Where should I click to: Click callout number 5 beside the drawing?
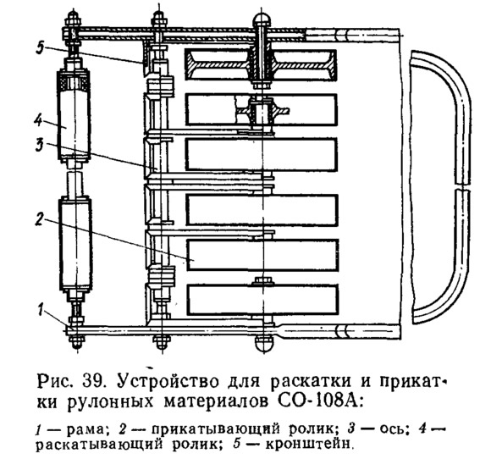pyautogui.click(x=40, y=49)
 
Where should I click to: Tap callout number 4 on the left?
pyautogui.click(x=38, y=119)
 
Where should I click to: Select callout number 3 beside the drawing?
pyautogui.click(x=39, y=145)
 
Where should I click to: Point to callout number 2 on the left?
pyautogui.click(x=39, y=219)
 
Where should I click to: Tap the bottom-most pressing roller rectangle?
pyautogui.click(x=263, y=300)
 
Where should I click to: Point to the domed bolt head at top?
pyautogui.click(x=262, y=19)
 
